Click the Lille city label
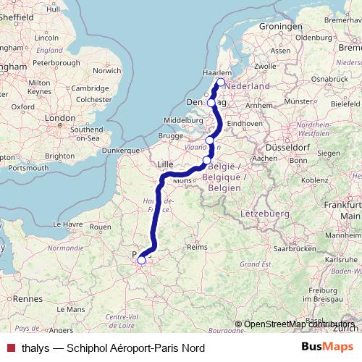tap(166, 164)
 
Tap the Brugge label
tap(172, 135)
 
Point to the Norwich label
tap(106, 71)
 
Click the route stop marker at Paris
tap(142, 261)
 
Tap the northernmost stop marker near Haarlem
tap(220, 83)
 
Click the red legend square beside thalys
tap(10, 348)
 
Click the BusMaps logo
tap(327, 347)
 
